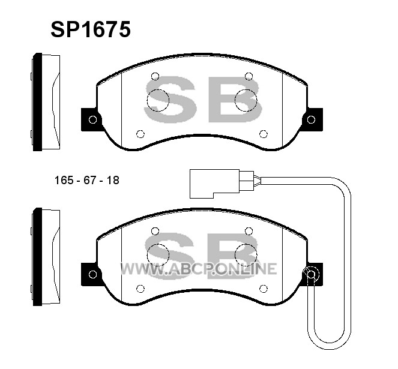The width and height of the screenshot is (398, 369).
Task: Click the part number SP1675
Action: (91, 29)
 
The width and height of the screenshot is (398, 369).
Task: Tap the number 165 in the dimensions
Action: (64, 181)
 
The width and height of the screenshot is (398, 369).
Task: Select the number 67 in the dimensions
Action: (90, 181)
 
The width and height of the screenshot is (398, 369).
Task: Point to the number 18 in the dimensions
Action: (113, 181)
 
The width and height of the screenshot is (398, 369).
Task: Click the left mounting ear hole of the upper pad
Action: (92, 119)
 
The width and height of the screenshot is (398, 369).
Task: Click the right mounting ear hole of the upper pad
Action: (311, 119)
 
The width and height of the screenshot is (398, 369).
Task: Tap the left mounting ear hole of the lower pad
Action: (92, 274)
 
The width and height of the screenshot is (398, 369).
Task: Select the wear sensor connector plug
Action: (222, 184)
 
